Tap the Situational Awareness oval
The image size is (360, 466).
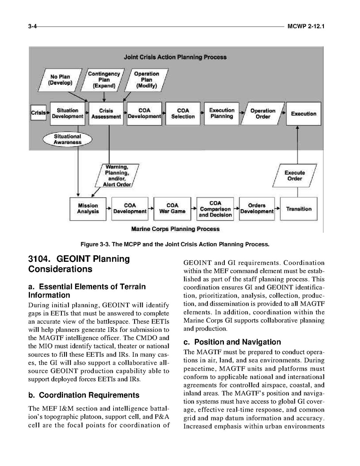point(68,139)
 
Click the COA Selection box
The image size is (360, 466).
point(183,114)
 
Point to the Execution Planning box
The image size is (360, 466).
point(221,113)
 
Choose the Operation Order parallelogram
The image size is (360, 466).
point(263,114)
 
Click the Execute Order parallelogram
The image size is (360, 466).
point(295,176)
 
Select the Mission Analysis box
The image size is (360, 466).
point(88,209)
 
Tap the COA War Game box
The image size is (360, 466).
point(172,209)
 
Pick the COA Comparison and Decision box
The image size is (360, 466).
point(215,209)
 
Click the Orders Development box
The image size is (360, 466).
point(257,209)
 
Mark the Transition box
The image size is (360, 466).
point(299,209)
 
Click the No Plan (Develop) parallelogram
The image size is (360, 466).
point(60,80)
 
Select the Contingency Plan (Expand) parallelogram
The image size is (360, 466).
point(104,80)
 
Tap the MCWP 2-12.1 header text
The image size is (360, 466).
point(306,26)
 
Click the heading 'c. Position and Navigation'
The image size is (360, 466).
point(232,342)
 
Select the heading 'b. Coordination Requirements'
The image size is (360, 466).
point(84,395)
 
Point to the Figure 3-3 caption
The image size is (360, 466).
point(175,244)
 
